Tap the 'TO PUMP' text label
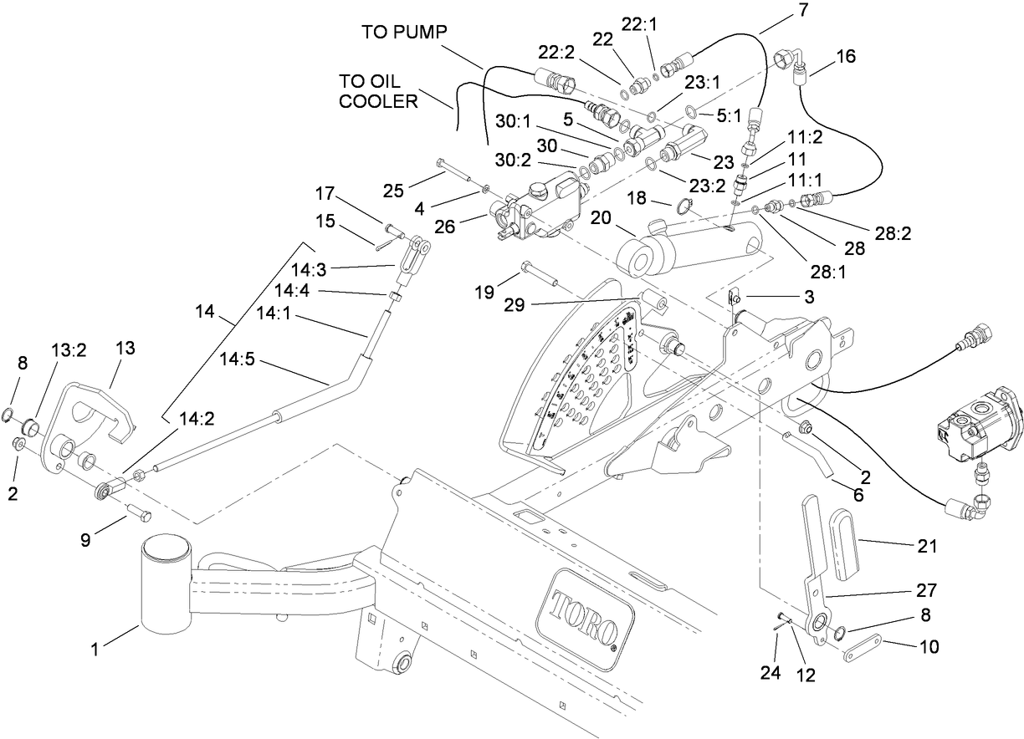[405, 32]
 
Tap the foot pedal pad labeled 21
[852, 548]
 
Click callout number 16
[845, 56]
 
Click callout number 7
[780, 10]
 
